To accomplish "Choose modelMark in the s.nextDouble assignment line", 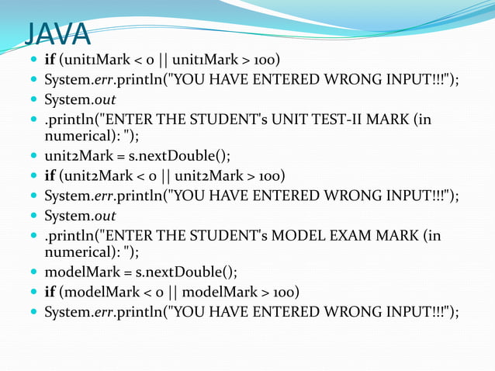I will [80, 272].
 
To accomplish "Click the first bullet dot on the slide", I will [32, 60].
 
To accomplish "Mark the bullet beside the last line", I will [32, 312].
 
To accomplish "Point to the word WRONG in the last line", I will [334, 312].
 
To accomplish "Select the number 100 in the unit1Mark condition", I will [268, 60].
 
